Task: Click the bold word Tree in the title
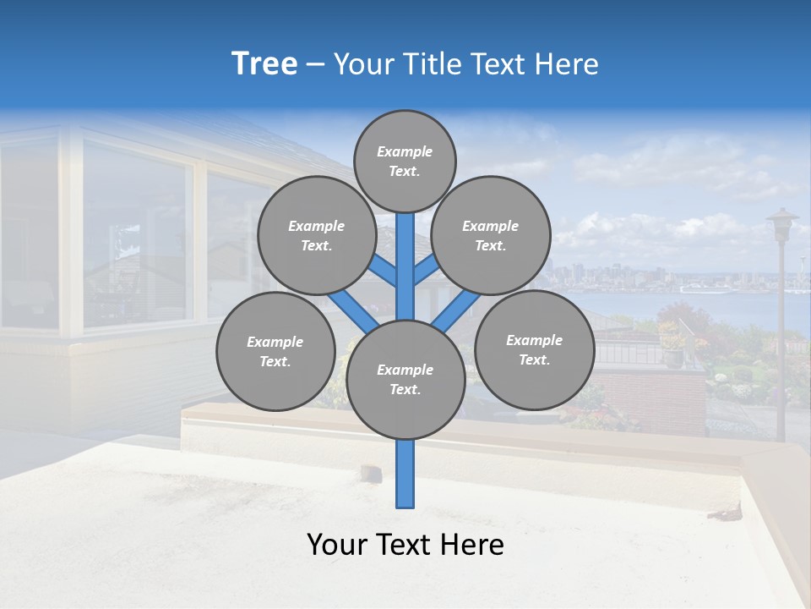264,64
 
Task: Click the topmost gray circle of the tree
405,161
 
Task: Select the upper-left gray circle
316,235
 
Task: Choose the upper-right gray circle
491,235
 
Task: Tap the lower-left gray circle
275,351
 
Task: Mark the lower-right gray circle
534,349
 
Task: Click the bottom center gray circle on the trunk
405,380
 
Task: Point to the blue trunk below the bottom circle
405,474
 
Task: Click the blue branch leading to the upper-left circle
382,272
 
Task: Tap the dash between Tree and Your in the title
315,65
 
